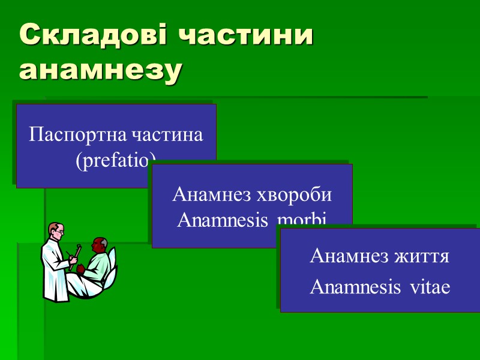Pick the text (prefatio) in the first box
(116, 159)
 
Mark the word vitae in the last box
(430, 287)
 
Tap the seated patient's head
(99, 246)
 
